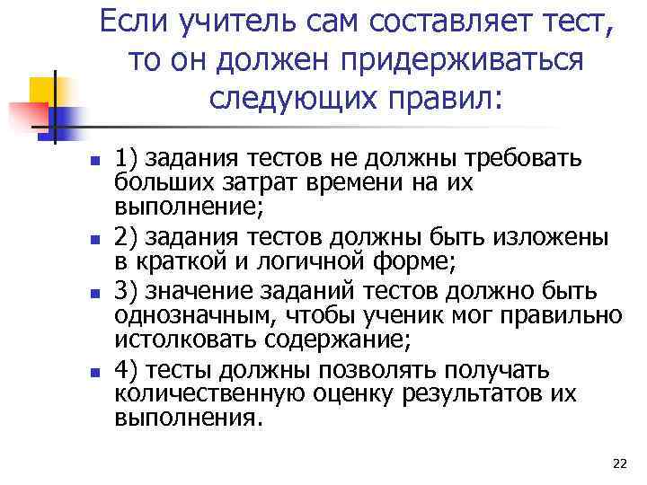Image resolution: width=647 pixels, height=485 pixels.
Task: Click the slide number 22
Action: tap(618, 463)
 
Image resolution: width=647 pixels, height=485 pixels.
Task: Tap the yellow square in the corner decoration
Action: tap(42, 91)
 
